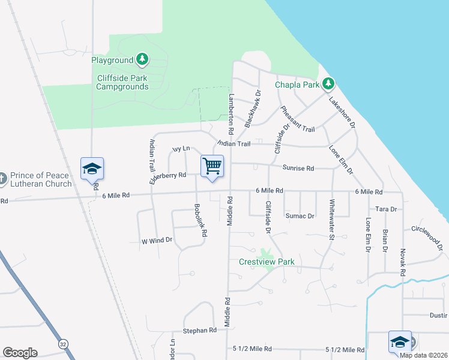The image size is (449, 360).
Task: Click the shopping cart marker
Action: click(212, 166)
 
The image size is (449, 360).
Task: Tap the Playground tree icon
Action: click(142, 59)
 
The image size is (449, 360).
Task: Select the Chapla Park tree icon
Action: click(328, 83)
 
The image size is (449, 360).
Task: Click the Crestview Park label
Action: click(267, 262)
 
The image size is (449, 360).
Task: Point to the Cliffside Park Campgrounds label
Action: click(122, 82)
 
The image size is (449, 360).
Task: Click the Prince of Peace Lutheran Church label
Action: click(40, 179)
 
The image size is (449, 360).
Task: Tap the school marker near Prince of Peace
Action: click(92, 169)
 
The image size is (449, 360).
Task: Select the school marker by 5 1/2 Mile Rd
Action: click(400, 341)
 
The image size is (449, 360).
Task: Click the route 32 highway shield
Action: click(62, 344)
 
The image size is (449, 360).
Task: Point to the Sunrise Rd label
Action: click(298, 169)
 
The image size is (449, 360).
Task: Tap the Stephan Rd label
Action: click(199, 331)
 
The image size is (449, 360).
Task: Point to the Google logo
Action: click(20, 353)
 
